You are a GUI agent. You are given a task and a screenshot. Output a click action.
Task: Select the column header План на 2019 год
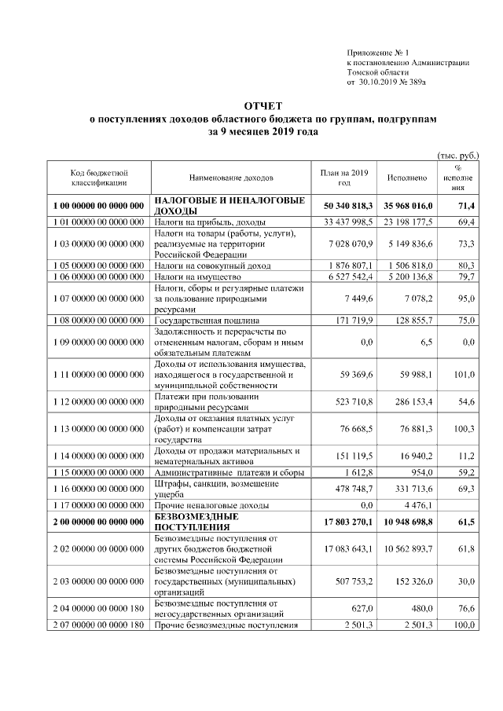coord(344,178)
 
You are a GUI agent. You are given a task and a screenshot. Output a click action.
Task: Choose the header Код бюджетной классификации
coord(99,178)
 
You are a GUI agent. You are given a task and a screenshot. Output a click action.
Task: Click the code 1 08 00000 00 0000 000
coord(99,322)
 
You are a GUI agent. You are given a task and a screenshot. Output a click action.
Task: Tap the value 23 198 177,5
coord(406,223)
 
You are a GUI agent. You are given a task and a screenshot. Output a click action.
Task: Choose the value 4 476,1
coord(417,505)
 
